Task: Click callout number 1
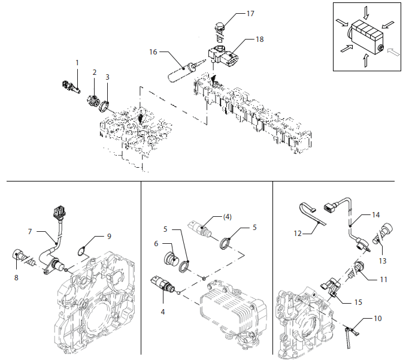(x=77, y=62)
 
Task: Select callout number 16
(x=153, y=53)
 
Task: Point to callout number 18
(x=259, y=39)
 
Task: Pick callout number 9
(x=109, y=236)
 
